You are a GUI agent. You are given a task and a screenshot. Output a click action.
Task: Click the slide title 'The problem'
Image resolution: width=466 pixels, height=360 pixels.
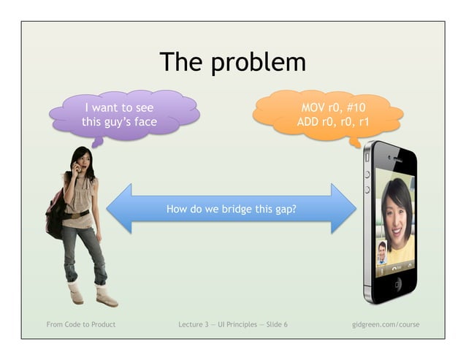(232, 61)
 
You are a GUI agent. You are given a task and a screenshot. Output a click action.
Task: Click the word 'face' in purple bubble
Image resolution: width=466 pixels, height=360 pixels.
(144, 122)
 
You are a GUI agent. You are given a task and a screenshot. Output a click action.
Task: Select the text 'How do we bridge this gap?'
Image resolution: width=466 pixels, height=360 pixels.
(232, 209)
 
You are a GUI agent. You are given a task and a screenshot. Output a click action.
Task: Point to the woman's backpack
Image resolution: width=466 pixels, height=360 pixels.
(56, 212)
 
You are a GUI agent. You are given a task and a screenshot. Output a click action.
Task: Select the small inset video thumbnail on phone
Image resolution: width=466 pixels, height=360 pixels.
(382, 252)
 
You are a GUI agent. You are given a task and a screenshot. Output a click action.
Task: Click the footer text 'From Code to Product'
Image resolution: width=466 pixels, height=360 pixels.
(80, 324)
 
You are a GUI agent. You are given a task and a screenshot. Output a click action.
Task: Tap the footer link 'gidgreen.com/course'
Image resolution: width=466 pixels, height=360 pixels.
(385, 324)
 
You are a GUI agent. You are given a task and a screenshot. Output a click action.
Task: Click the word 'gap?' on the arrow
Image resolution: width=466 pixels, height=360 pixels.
(285, 209)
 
